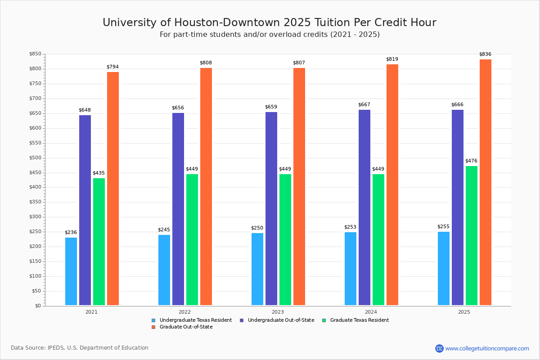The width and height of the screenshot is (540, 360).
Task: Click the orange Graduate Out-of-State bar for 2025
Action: (485, 182)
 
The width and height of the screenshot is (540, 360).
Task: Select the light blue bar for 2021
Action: (71, 271)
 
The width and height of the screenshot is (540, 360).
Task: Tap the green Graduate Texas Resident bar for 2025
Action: (471, 235)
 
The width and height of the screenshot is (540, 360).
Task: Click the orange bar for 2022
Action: (206, 186)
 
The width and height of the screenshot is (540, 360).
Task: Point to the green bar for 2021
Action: (99, 242)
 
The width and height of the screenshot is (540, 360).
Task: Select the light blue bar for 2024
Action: (351, 269)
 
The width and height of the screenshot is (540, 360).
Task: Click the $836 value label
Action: (485, 54)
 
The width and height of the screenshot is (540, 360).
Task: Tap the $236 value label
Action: (71, 233)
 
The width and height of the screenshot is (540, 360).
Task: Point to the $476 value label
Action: (471, 161)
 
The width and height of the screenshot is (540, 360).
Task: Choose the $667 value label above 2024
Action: (364, 105)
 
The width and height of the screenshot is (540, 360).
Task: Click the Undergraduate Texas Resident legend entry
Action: (192, 320)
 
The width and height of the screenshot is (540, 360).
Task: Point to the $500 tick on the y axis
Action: (36, 158)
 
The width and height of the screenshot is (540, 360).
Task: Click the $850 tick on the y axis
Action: (36, 54)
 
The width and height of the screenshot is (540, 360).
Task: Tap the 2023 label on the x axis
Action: (278, 312)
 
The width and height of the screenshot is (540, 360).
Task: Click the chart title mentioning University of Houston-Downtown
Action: (270, 22)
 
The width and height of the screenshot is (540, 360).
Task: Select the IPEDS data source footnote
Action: (80, 348)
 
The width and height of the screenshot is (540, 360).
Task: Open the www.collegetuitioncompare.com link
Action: (487, 348)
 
